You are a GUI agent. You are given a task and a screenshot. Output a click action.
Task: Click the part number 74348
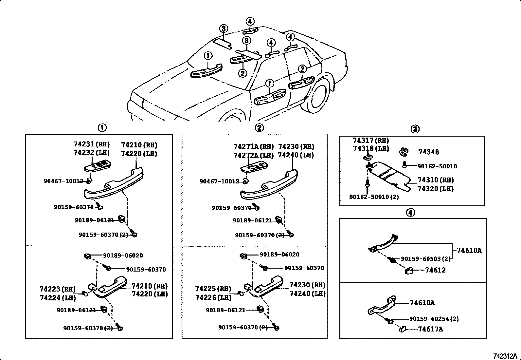(x=428, y=152)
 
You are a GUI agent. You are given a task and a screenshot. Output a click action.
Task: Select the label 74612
(x=435, y=270)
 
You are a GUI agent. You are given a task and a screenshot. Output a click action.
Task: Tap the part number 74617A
(x=430, y=329)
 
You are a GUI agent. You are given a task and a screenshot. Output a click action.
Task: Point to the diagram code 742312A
(x=505, y=356)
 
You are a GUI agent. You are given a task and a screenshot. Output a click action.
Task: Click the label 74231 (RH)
(x=91, y=144)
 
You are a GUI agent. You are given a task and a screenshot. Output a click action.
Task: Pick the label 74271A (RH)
(x=253, y=146)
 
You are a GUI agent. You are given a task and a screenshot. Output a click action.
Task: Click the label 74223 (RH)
(x=58, y=289)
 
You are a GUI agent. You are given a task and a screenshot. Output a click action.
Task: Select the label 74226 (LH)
(x=213, y=297)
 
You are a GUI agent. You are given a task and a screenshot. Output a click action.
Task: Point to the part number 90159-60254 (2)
(x=434, y=319)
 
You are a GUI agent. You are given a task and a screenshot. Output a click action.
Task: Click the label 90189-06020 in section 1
(x=123, y=256)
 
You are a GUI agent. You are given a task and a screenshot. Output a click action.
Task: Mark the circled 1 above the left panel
(x=102, y=128)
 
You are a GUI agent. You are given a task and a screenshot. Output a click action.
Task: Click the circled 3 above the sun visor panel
(x=415, y=129)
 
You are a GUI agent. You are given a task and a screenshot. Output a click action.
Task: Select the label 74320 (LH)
(x=435, y=189)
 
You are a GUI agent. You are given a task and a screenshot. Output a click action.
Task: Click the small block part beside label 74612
(x=408, y=271)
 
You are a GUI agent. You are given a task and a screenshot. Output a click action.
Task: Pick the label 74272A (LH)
(x=253, y=155)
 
